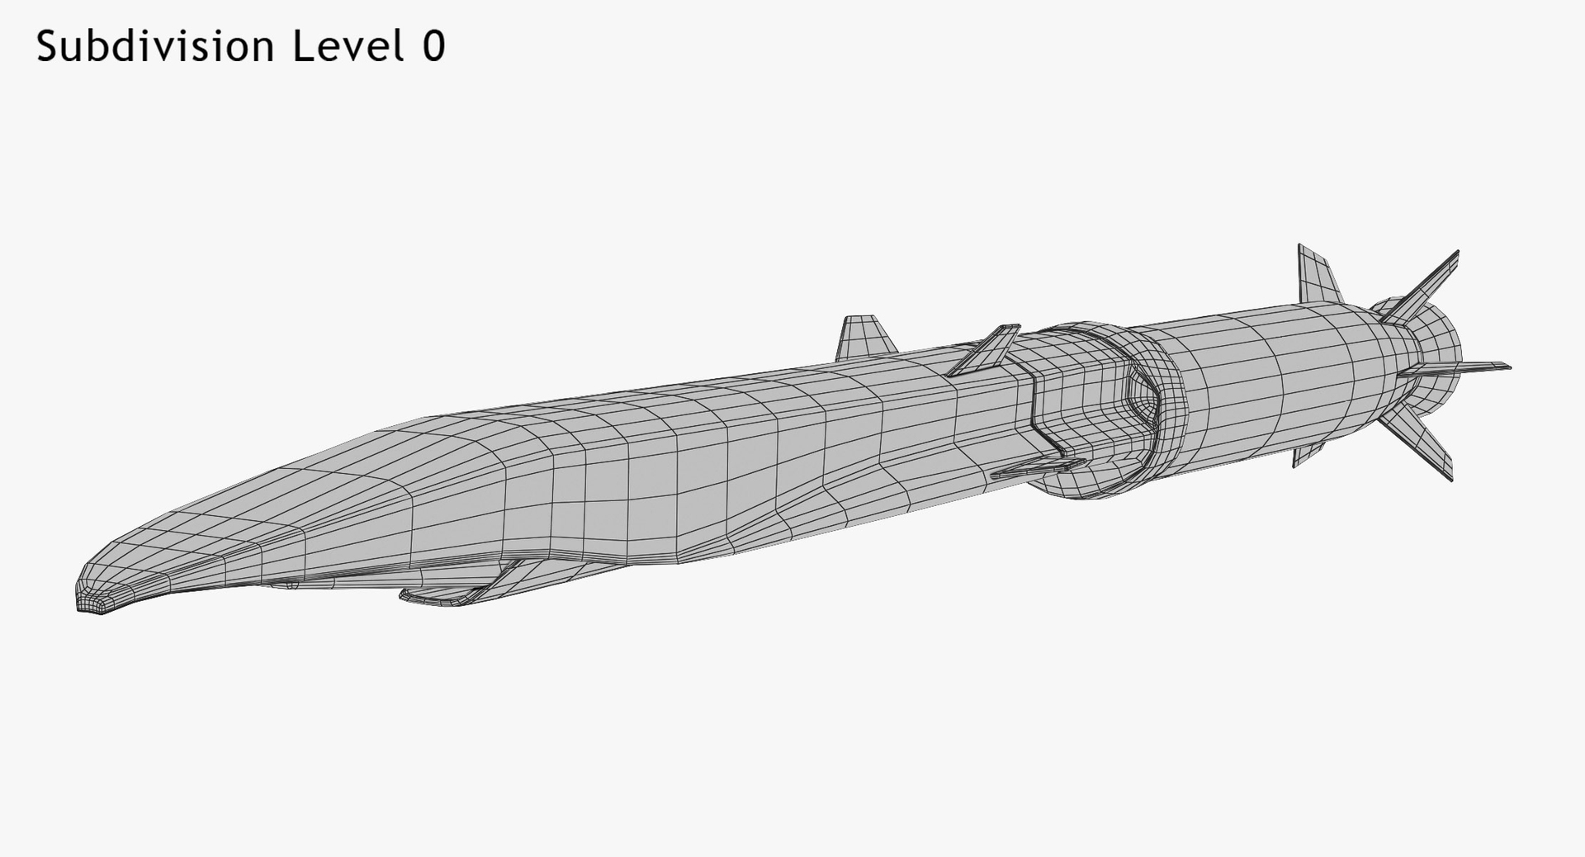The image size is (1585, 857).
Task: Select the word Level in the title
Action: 348,47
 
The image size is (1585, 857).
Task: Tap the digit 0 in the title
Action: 433,47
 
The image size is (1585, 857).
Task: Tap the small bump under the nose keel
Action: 291,585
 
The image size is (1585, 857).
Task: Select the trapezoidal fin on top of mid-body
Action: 864,338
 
